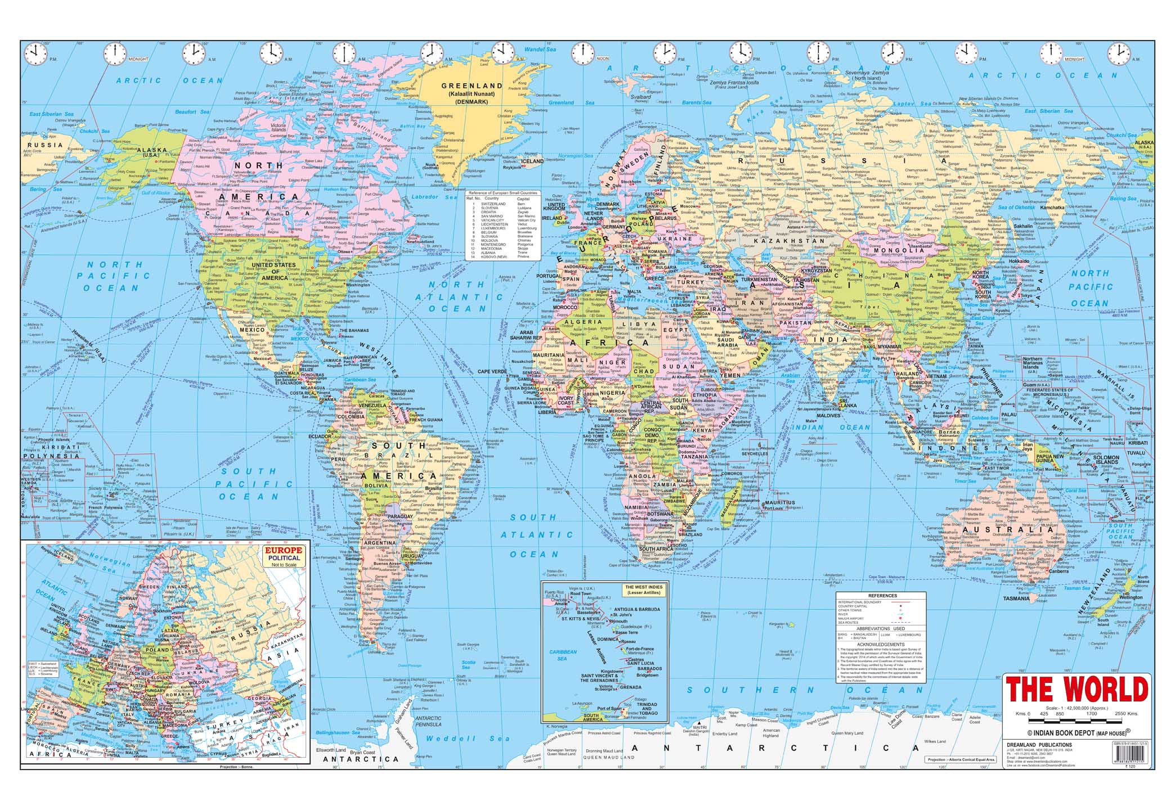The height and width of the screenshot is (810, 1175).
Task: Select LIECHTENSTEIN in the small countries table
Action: click(494, 223)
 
